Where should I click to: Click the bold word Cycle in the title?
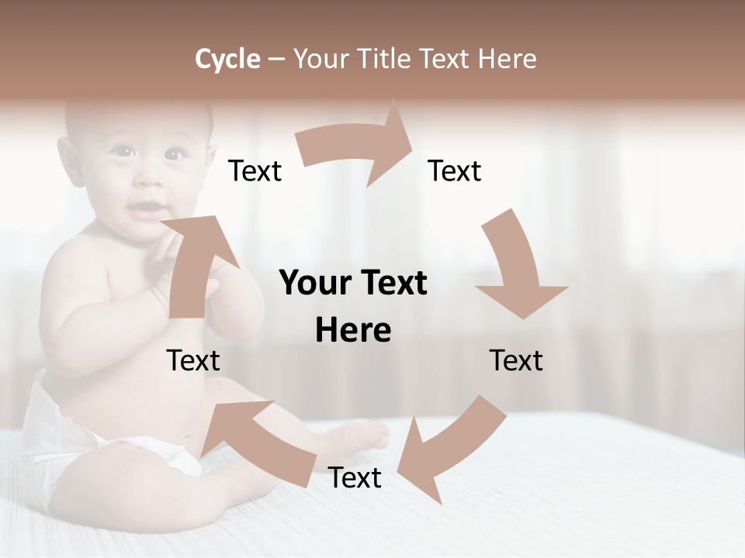(x=227, y=59)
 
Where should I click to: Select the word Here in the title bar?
(x=508, y=59)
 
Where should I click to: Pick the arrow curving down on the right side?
(x=516, y=267)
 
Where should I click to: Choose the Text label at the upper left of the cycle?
(x=255, y=171)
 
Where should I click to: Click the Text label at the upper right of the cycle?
(x=455, y=171)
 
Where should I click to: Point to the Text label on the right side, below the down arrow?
(x=516, y=361)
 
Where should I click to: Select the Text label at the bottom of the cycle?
(x=355, y=478)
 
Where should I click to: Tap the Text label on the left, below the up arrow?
(x=193, y=361)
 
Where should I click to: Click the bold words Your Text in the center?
(x=353, y=284)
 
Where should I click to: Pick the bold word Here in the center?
(x=353, y=331)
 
